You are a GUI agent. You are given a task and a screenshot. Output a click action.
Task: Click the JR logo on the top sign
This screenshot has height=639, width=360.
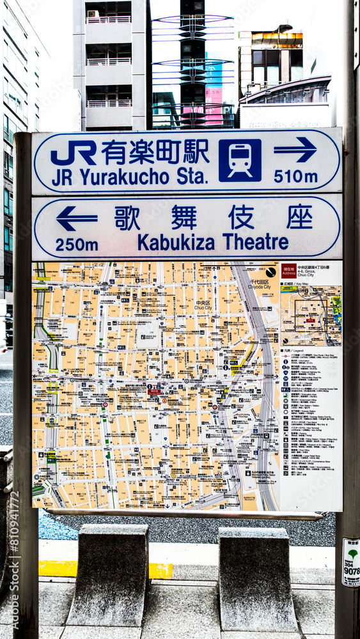click(x=74, y=153)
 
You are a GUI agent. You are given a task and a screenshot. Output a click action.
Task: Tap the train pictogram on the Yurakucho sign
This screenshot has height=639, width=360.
click(x=240, y=160)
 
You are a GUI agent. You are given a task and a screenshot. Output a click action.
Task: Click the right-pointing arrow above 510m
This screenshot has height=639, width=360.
click(x=295, y=150)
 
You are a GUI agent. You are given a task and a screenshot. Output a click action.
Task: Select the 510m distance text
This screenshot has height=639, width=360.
click(x=295, y=176)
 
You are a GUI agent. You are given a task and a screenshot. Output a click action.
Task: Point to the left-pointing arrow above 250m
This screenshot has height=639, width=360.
click(x=77, y=219)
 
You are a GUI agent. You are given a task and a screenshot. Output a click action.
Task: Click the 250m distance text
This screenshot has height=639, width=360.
click(x=77, y=245)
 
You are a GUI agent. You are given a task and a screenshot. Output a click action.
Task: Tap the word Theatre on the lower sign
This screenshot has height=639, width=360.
click(x=256, y=242)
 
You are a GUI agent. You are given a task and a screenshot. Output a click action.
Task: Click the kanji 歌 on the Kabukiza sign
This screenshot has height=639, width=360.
click(x=127, y=218)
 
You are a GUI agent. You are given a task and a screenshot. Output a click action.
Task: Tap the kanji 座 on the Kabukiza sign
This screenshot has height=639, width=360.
click(x=299, y=217)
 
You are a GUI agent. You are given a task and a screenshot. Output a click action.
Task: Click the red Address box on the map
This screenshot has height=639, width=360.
click(x=288, y=270)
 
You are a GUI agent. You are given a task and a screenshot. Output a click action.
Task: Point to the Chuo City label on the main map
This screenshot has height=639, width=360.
click(x=203, y=305)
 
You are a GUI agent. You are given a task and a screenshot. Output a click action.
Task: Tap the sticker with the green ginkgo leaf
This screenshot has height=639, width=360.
click(x=351, y=561)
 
